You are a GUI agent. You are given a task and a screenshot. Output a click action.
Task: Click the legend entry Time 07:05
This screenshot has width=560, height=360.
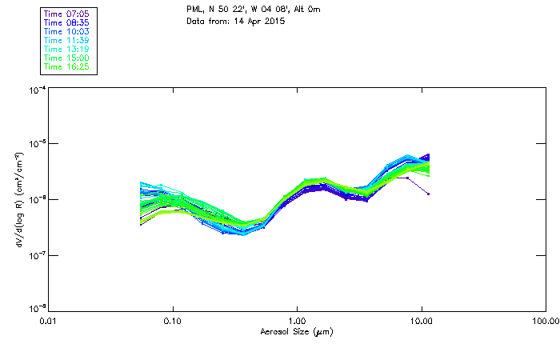66,14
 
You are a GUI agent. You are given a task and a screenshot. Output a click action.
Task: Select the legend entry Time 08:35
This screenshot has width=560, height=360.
66,22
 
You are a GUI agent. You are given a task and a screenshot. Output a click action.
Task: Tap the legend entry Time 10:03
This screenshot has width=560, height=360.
66,31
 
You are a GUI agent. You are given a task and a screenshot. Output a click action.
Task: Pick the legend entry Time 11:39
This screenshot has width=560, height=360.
66,40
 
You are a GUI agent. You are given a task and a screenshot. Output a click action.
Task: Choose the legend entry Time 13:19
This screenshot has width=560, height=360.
66,49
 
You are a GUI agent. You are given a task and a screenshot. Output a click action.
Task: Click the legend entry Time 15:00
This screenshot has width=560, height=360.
66,58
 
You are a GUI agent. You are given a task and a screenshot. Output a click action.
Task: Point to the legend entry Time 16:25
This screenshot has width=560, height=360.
66,66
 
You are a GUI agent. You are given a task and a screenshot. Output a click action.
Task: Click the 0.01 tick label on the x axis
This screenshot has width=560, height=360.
49,321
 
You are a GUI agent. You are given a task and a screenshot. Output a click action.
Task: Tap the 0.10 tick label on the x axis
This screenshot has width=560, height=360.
173,321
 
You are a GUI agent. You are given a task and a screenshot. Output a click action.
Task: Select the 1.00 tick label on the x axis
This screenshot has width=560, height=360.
297,321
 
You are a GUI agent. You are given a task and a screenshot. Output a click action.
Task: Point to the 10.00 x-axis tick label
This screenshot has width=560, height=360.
421,321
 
